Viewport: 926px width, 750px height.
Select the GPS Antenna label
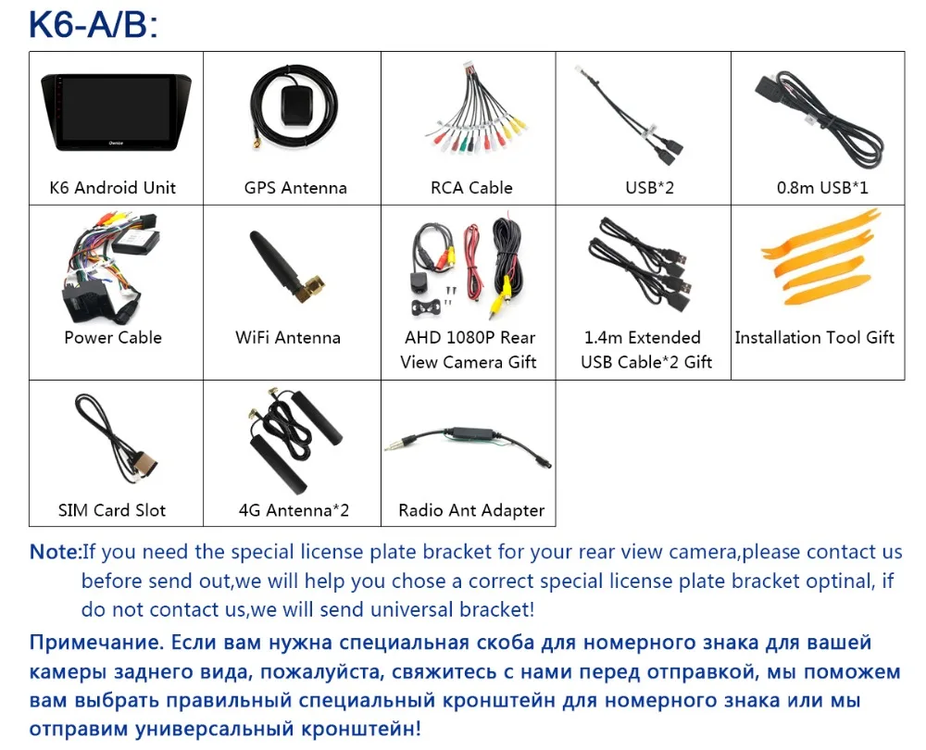[294, 188]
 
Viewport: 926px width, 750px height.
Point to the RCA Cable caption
[470, 188]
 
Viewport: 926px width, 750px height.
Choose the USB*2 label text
[648, 188]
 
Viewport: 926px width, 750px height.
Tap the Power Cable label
[113, 338]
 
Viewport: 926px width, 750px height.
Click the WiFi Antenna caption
[287, 338]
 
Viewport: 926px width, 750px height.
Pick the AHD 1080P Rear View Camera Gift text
[469, 350]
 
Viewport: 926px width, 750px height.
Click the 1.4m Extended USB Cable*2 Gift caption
[645, 350]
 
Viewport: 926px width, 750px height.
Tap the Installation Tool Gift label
[814, 338]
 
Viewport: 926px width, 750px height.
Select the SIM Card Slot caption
[113, 510]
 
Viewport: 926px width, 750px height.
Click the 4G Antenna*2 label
[293, 510]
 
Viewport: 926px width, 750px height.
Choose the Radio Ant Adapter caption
[470, 510]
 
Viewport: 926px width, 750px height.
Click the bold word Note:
[56, 553]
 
